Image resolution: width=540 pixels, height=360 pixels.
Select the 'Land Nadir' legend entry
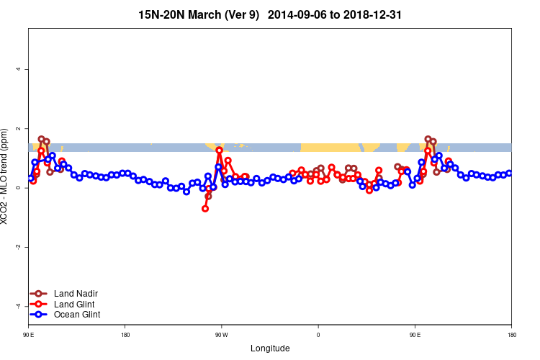click(x=76, y=294)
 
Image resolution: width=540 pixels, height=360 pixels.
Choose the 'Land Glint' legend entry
click(x=75, y=304)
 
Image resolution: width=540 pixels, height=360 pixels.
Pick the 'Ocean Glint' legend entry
click(x=77, y=315)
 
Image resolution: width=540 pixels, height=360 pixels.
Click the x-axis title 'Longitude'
click(x=270, y=348)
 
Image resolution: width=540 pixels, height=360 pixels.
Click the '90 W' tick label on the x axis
click(x=221, y=335)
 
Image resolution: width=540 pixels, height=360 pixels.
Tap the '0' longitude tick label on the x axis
click(x=318, y=335)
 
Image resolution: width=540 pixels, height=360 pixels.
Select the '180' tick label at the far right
click(x=511, y=335)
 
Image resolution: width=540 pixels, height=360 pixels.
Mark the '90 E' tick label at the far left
click(x=29, y=335)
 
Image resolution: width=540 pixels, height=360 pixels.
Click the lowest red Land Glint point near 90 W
click(x=205, y=209)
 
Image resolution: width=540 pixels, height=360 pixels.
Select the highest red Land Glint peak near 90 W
click(x=219, y=150)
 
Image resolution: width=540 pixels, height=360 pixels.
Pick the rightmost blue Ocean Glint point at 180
click(x=509, y=173)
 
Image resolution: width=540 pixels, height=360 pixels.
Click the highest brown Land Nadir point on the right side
click(x=428, y=139)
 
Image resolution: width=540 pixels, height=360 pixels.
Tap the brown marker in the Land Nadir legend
click(x=40, y=294)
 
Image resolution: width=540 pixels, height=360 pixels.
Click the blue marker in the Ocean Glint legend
click(x=40, y=315)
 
